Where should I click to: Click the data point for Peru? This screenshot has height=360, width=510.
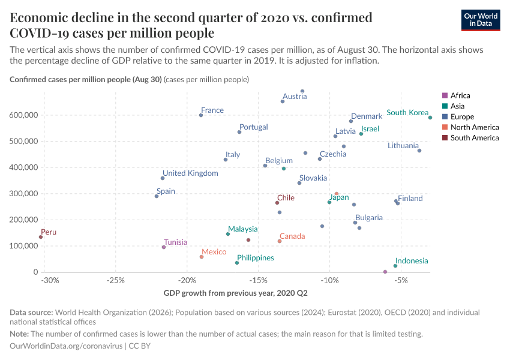(x=41, y=237)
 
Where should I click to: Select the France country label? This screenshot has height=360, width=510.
(x=212, y=110)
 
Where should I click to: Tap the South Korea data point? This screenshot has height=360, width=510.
(x=430, y=118)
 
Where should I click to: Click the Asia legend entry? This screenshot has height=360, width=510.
(x=457, y=106)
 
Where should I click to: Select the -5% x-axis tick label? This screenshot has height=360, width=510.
(x=401, y=280)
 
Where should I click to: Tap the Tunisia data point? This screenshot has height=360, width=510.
(x=164, y=247)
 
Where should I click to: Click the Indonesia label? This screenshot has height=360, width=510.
(x=412, y=261)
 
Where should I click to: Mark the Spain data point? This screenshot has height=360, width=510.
(x=157, y=196)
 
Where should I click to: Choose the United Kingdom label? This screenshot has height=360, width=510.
(x=191, y=173)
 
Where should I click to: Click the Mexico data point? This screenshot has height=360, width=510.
(x=202, y=257)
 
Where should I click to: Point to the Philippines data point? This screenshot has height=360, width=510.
(x=237, y=263)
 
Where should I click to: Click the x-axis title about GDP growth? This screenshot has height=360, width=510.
(x=235, y=293)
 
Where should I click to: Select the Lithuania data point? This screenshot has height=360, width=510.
(x=419, y=151)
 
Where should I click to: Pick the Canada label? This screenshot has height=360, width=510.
(x=292, y=236)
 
